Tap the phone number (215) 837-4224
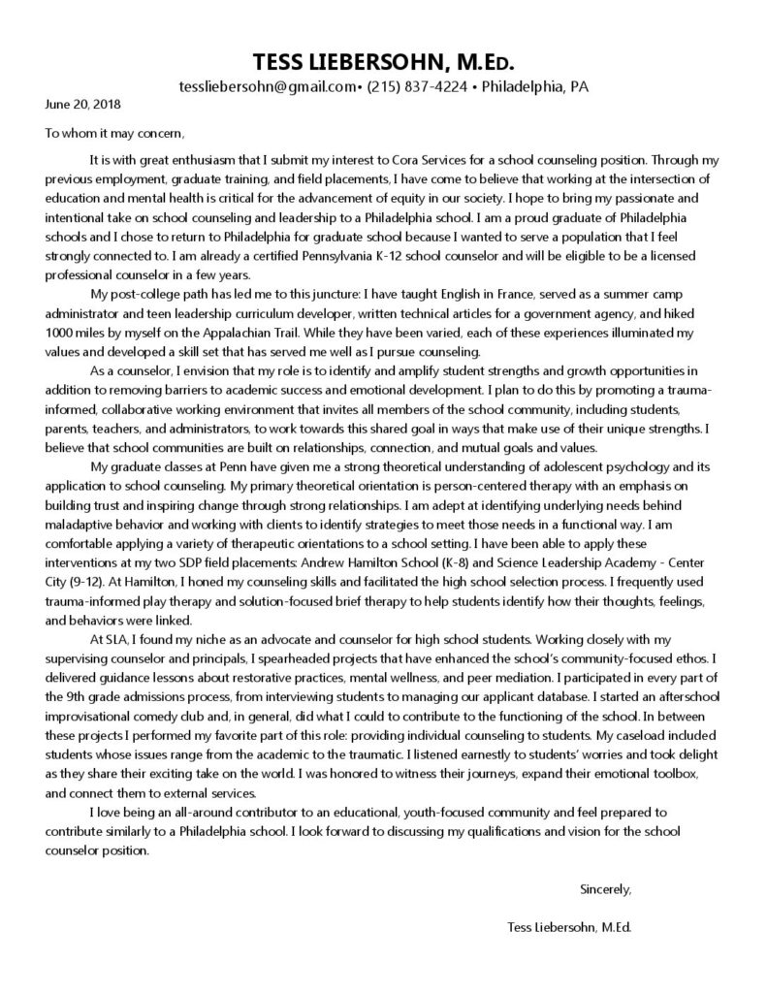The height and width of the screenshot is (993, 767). [x=417, y=86]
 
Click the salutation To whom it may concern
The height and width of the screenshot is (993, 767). [x=113, y=133]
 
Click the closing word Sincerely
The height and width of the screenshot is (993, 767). [x=605, y=888]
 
